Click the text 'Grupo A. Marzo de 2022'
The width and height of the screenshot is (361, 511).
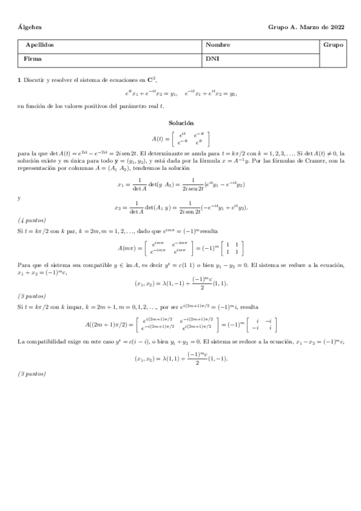pyautogui.click(x=306, y=27)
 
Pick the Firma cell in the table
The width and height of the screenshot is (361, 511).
pyautogui.click(x=33, y=60)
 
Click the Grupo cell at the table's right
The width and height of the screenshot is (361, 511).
pyautogui.click(x=333, y=45)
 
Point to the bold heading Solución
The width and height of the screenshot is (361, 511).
pyautogui.click(x=181, y=122)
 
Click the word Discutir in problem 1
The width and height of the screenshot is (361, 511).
pyautogui.click(x=34, y=80)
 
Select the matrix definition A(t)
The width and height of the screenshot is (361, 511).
pyautogui.click(x=181, y=138)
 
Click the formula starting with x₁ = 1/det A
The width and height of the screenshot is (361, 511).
pyautogui.click(x=181, y=184)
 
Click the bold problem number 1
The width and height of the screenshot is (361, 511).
pyautogui.click(x=19, y=80)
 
